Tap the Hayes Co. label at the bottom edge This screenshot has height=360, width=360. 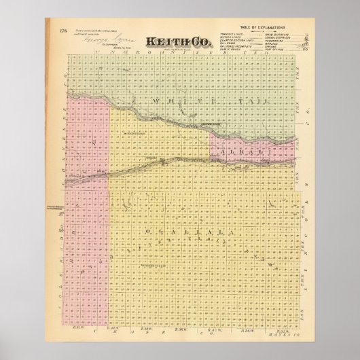click(288, 331)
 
